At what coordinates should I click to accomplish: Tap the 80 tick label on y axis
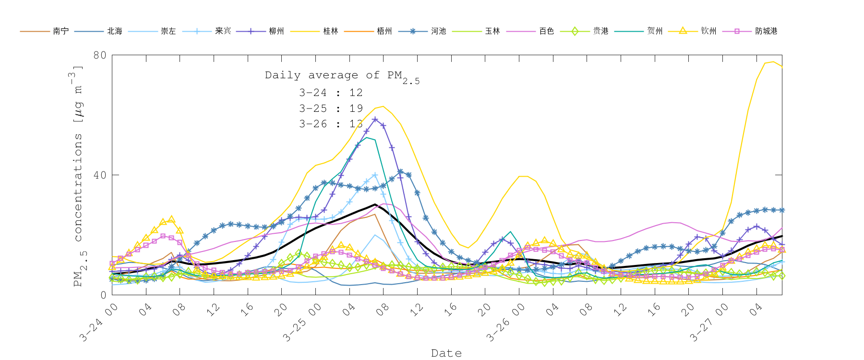[x=100, y=55]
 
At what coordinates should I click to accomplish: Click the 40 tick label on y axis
[x=100, y=175]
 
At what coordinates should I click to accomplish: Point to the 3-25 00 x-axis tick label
[x=301, y=323]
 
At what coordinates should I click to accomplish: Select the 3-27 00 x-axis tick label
[x=709, y=323]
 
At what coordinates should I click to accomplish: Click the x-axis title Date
[x=446, y=353]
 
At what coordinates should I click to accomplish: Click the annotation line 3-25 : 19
[x=331, y=108]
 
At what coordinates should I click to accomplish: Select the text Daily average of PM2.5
[x=342, y=76]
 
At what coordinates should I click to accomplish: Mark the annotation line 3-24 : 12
[x=331, y=93]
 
